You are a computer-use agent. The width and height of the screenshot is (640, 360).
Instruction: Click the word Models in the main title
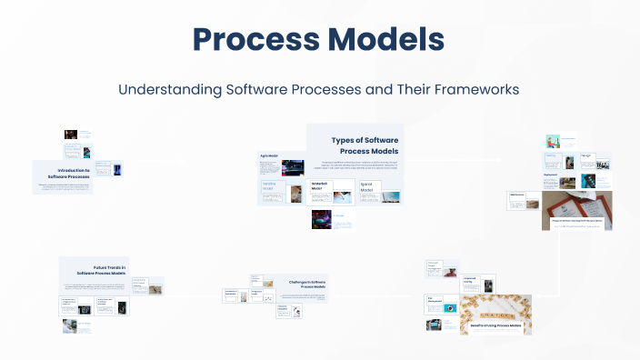click(387, 41)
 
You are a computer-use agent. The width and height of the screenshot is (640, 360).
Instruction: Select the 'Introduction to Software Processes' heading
click(80, 173)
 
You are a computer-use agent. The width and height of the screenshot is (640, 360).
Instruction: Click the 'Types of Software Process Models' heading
click(365, 145)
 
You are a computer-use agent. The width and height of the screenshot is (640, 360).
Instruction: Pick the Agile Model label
click(269, 156)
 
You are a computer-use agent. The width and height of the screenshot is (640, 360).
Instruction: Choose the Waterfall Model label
click(320, 186)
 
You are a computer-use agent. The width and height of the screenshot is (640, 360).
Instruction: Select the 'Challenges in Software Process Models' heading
click(299, 286)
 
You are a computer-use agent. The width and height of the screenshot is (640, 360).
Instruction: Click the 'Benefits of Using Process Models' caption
click(496, 325)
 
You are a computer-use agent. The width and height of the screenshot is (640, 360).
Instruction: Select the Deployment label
click(552, 175)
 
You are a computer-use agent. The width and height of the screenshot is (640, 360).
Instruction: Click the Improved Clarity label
click(471, 281)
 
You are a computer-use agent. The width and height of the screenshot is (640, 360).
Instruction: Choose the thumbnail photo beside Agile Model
click(294, 168)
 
